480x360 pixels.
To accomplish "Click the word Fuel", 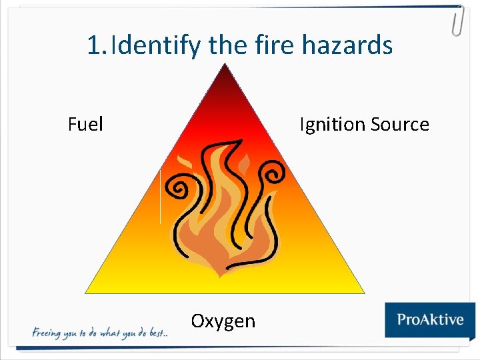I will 85,125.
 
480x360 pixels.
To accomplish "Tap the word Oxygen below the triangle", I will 223,321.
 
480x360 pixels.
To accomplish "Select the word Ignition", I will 332,125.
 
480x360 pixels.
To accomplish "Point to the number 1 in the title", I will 94,46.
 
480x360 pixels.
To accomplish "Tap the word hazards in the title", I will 347,45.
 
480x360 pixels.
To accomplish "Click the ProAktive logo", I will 429,319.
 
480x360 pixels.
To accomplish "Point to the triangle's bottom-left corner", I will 87,292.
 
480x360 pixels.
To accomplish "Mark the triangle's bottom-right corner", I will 363,292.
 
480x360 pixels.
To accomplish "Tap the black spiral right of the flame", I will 274,175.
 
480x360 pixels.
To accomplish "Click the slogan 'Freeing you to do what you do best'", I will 99,333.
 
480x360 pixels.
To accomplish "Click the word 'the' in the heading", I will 229,45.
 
